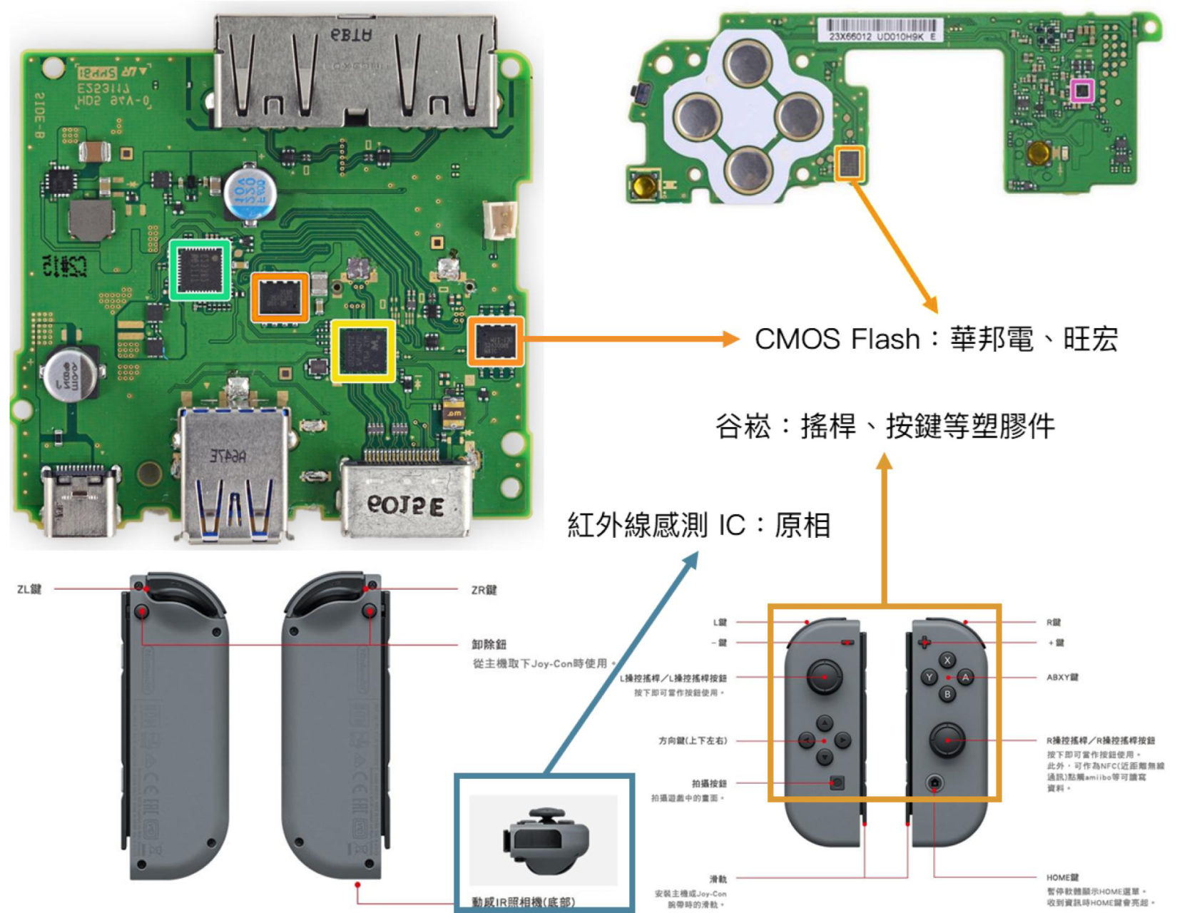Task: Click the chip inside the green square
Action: pyautogui.click(x=200, y=270)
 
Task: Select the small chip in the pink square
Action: pyautogui.click(x=1082, y=91)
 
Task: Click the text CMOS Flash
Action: pyautogui.click(x=837, y=339)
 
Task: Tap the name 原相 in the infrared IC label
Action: pyautogui.click(x=803, y=526)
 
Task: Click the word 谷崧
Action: pyautogui.click(x=743, y=427)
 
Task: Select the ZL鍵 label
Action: pyautogui.click(x=29, y=589)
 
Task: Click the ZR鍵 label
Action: pyautogui.click(x=484, y=590)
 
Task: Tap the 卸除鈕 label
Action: pyautogui.click(x=489, y=644)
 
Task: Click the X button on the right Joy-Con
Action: pyautogui.click(x=947, y=660)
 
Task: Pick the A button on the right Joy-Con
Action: pyautogui.click(x=965, y=677)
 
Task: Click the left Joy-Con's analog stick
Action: pyautogui.click(x=824, y=675)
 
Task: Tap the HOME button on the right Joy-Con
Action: pyautogui.click(x=934, y=783)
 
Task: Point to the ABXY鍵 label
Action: pyautogui.click(x=1061, y=677)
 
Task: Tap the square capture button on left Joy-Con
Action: pyautogui.click(x=837, y=782)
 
